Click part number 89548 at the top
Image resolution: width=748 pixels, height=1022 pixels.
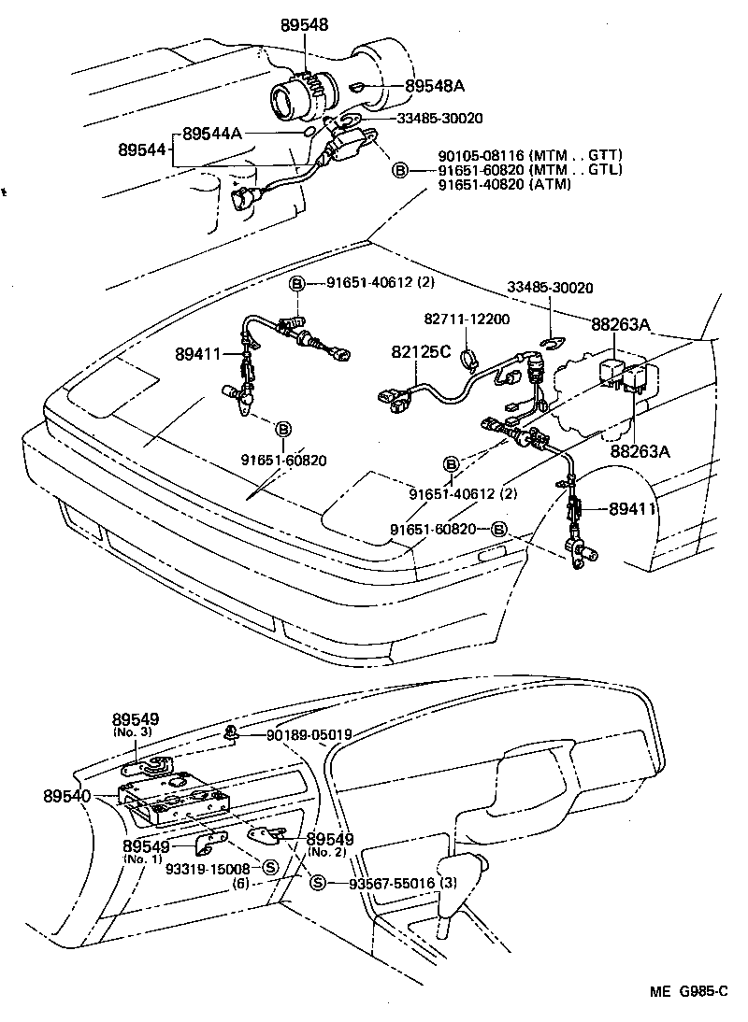(x=304, y=27)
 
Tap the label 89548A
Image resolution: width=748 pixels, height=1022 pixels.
(x=435, y=87)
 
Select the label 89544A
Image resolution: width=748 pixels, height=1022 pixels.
(x=212, y=134)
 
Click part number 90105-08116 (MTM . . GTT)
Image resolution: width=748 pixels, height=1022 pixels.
(x=530, y=155)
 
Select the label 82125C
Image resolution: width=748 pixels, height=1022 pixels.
(x=421, y=352)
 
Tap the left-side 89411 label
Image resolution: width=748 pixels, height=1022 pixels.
(x=198, y=354)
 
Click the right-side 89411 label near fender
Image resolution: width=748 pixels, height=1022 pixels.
(x=634, y=509)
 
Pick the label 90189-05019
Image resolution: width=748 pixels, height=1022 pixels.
(x=309, y=735)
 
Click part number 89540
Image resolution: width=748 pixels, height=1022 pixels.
(x=67, y=796)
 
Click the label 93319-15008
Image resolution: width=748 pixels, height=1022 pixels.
(x=208, y=868)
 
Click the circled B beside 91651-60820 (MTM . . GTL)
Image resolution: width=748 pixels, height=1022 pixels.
(x=399, y=170)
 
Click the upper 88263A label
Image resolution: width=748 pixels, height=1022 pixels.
(x=621, y=324)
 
